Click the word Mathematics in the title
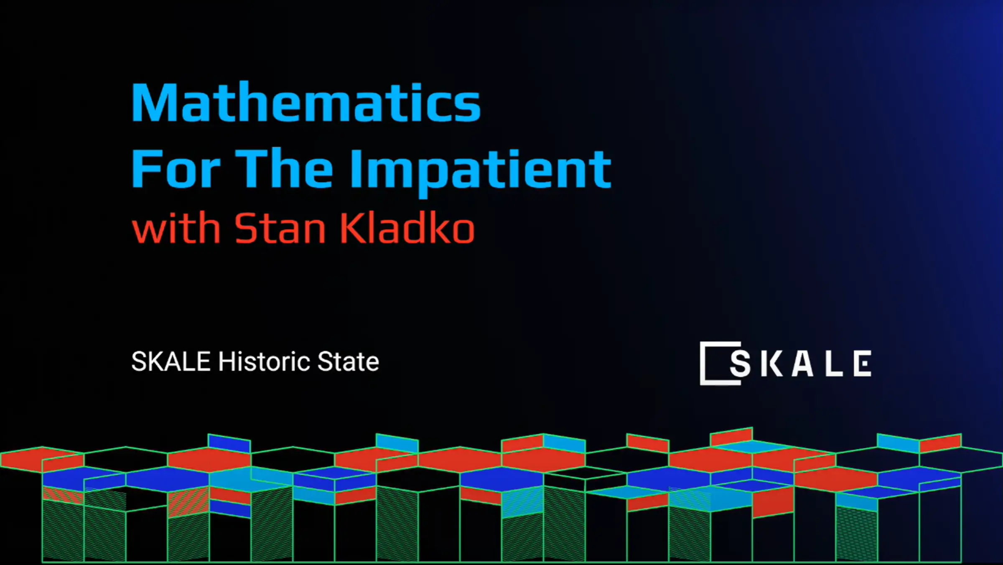306,103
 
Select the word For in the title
176,169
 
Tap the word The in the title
284,169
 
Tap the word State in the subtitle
348,361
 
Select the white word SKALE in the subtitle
171,361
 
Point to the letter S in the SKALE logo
740,364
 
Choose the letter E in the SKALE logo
863,364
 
